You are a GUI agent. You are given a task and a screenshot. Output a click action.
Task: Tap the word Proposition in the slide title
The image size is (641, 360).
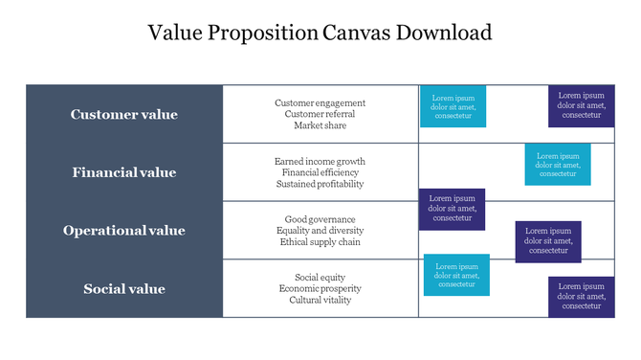(269, 34)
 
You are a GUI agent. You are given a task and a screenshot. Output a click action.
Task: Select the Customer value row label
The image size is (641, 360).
(124, 115)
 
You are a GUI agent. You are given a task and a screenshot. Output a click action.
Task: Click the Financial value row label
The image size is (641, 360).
(124, 173)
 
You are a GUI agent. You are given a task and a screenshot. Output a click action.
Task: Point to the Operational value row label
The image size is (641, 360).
(124, 231)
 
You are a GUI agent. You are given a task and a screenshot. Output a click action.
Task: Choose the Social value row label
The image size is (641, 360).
(124, 289)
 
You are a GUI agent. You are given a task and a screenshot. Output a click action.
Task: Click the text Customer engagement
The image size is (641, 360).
(320, 102)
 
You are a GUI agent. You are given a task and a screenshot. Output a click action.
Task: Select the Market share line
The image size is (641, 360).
(320, 125)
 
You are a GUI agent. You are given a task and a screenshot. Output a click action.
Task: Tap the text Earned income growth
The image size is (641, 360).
(320, 161)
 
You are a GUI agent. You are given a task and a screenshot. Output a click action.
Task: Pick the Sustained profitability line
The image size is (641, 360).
(320, 184)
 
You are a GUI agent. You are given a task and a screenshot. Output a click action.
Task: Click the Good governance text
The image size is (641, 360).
(320, 219)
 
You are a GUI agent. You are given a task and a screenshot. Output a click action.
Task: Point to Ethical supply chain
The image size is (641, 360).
(320, 242)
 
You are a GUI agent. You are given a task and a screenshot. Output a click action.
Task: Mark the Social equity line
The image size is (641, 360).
(320, 278)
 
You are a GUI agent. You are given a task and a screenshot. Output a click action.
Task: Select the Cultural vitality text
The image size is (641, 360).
(320, 301)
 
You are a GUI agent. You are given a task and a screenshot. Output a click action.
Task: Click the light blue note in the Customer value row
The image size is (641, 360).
(453, 106)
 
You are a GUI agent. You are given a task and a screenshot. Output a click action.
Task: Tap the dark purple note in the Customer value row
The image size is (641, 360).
(581, 106)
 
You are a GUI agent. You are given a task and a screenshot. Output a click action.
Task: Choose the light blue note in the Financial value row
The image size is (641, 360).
(558, 165)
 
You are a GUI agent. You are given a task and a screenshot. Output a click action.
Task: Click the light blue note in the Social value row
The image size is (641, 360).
(456, 275)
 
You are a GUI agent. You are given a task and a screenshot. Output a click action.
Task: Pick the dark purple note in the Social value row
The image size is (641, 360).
(581, 296)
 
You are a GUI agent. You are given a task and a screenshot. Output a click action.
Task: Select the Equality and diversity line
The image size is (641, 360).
(320, 231)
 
